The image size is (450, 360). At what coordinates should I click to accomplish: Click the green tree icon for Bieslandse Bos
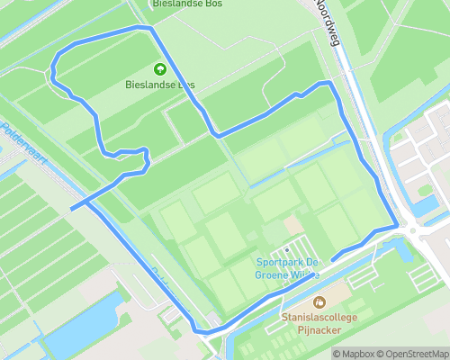[160, 68]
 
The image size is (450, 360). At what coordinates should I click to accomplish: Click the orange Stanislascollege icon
[319, 302]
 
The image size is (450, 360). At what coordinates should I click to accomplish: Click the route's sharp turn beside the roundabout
[397, 224]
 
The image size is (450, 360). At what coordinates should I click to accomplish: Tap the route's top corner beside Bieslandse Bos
[149, 29]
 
